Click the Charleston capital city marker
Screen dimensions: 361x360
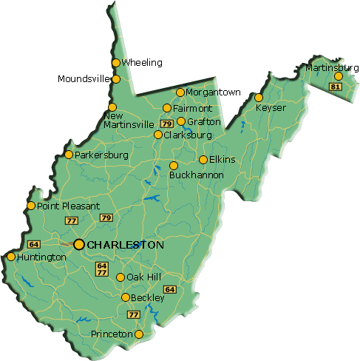pos(78,244)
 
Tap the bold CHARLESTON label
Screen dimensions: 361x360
pos(125,244)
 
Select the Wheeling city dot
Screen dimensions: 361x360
pos(116,63)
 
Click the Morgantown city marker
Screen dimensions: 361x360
pos(180,92)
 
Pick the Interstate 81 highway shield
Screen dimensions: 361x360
pos(336,87)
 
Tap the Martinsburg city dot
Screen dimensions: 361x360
pos(338,76)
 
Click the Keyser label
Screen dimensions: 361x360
pos(270,108)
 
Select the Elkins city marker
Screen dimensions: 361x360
pos(203,160)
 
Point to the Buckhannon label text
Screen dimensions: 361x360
pos(197,175)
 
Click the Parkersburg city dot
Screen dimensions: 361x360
pos(69,155)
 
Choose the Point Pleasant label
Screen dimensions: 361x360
pos(68,206)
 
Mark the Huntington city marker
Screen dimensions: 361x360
pos(10,257)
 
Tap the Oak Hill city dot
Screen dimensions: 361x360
pos(120,277)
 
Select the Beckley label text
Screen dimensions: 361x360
pos(148,298)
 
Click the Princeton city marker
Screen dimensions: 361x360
pos(138,334)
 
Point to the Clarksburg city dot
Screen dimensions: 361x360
pos(158,135)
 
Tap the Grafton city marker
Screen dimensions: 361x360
pos(181,121)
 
